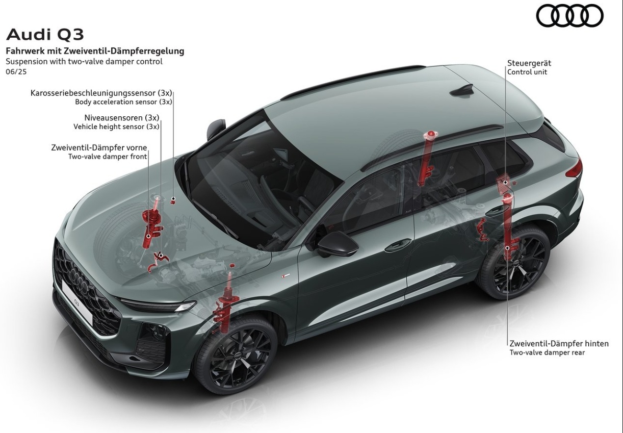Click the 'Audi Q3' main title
click(45, 35)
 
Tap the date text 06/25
click(16, 72)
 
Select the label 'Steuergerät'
click(529, 63)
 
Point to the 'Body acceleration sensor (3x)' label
click(123, 102)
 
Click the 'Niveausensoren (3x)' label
click(122, 118)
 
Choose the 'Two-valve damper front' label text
click(108, 157)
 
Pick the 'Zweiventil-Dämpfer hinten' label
click(559, 344)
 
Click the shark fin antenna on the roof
click(462, 91)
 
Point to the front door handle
click(398, 246)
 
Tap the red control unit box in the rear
click(504, 184)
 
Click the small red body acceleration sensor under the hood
click(173, 200)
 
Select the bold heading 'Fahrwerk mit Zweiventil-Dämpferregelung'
click(95, 52)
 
